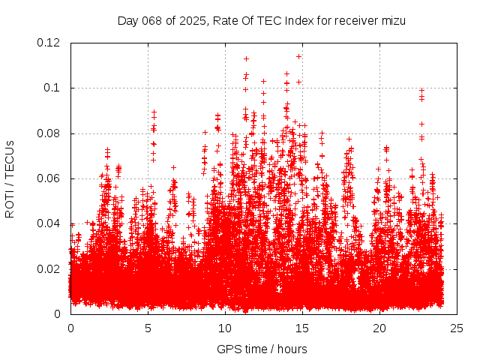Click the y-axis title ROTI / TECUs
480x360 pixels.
point(10,178)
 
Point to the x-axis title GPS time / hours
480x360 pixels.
point(262,349)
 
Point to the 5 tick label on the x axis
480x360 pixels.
point(148,328)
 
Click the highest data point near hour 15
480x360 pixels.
point(299,56)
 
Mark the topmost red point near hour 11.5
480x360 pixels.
point(246,58)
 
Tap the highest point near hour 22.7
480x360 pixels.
point(421,91)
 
